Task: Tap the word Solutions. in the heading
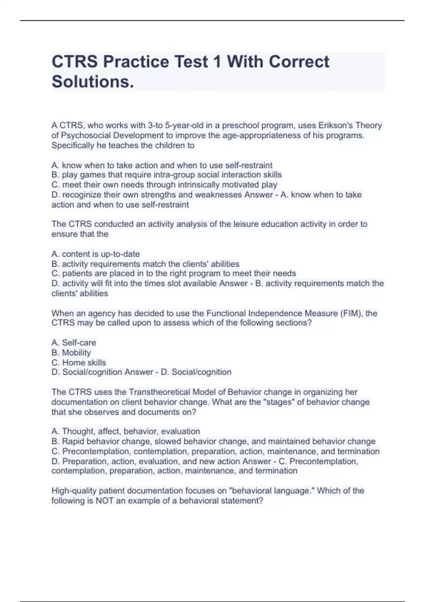93,81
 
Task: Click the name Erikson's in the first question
335,125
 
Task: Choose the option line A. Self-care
74,342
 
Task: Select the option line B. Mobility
71,352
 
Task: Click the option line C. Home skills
79,362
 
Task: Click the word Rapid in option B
73,441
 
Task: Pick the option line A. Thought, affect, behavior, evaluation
126,431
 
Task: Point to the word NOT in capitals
104,501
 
